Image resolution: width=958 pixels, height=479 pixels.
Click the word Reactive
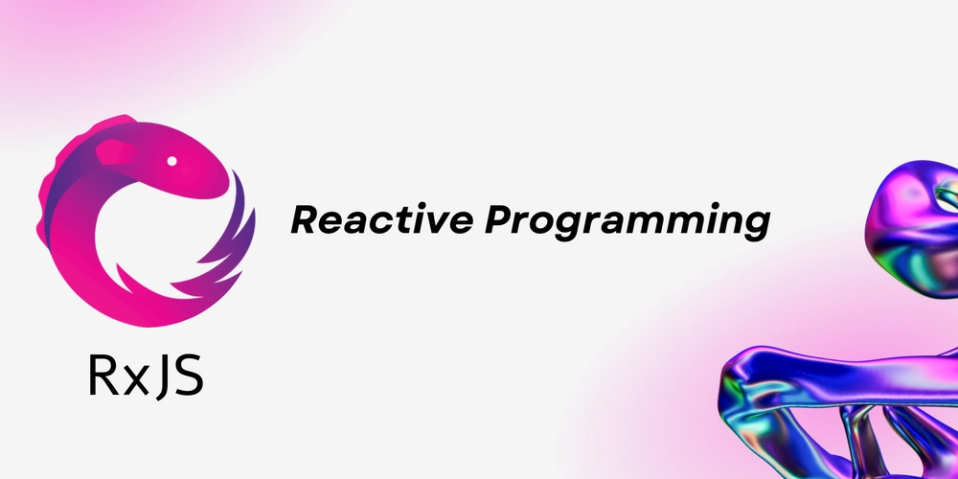(382, 219)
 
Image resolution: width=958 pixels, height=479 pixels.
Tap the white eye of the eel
(172, 161)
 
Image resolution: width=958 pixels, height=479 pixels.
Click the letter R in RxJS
(103, 376)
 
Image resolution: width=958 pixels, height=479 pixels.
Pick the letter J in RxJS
(161, 376)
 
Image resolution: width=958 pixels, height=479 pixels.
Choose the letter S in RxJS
(189, 376)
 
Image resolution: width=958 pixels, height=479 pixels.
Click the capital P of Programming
(501, 220)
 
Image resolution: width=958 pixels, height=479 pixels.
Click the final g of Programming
(756, 227)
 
